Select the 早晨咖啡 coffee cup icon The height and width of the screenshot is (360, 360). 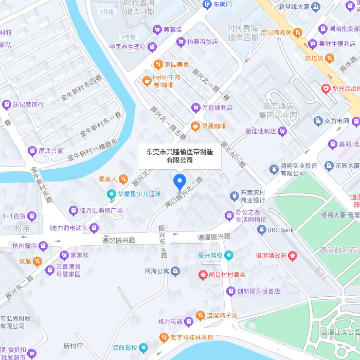[x=195, y=126]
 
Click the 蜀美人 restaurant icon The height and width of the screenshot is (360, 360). [x=123, y=179]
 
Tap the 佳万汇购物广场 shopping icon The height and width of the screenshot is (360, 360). [x=74, y=210]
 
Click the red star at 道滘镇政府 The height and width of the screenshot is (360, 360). [x=293, y=255]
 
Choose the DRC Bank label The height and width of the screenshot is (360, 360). [x=281, y=230]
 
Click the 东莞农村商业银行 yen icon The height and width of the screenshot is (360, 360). [x=234, y=196]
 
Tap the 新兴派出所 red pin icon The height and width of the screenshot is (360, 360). [x=326, y=88]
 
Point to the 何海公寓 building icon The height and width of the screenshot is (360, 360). [x=175, y=271]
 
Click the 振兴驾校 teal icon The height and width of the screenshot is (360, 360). [x=229, y=255]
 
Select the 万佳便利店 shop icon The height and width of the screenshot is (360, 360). [x=195, y=107]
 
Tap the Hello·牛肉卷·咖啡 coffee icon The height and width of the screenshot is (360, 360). [x=147, y=81]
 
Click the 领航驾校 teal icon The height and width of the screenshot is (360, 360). [x=143, y=348]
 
